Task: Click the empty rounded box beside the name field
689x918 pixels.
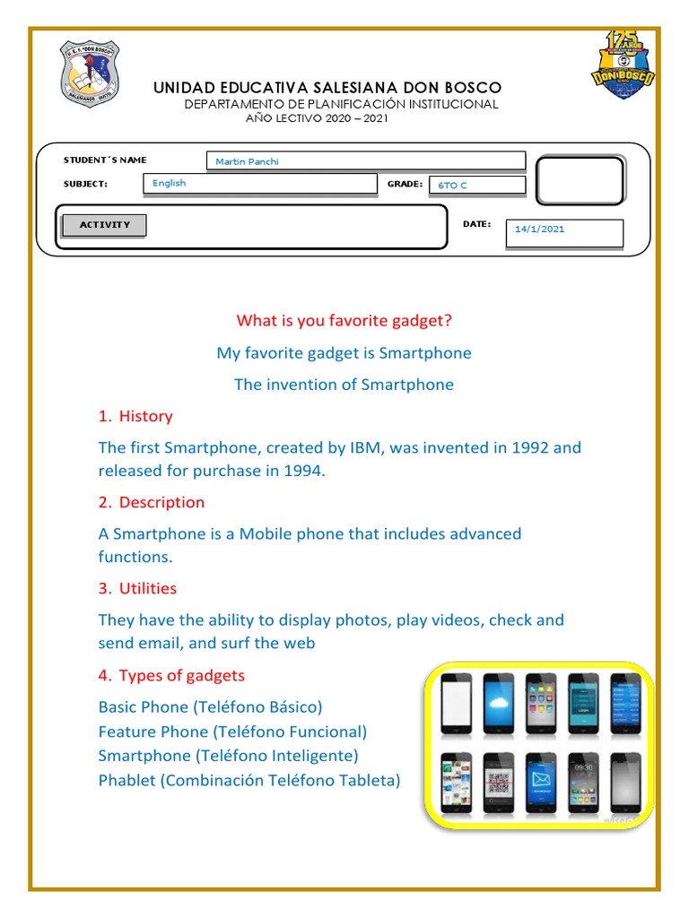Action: [x=579, y=182]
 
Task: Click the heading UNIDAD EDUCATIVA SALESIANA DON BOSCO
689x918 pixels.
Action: [x=327, y=87]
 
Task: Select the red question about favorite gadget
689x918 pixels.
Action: [x=344, y=321]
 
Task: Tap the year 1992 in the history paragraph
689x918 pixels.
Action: [x=532, y=447]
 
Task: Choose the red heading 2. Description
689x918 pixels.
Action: [x=152, y=502]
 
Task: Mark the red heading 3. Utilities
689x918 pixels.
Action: [x=137, y=588]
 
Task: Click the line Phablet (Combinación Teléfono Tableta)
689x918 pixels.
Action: [x=249, y=780]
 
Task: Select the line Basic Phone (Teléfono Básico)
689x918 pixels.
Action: [x=210, y=706]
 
